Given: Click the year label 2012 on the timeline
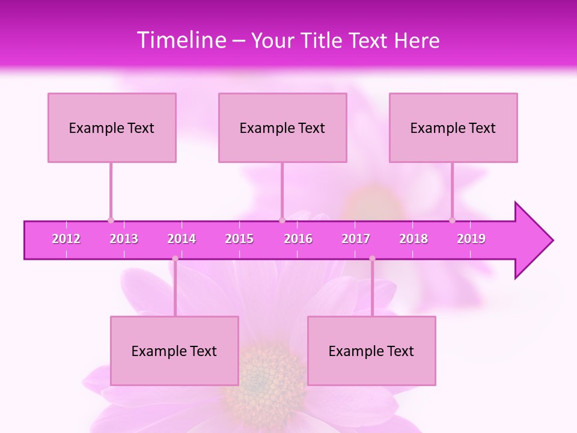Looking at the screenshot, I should (x=66, y=239).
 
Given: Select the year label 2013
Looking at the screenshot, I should (x=124, y=239).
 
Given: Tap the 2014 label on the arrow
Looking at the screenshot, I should (x=182, y=239).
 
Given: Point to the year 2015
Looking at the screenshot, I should (x=239, y=239).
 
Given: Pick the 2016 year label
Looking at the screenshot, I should (x=298, y=239).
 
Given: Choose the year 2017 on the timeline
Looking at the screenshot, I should (x=356, y=239).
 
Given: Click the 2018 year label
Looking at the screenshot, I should (x=414, y=239).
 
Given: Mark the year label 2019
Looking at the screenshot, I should (x=471, y=239).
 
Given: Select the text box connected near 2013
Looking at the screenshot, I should (x=112, y=127).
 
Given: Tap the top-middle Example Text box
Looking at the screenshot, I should (x=282, y=127).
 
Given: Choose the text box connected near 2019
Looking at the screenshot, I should (x=453, y=127).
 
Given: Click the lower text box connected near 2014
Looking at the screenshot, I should (x=174, y=351).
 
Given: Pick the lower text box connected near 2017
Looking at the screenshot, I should (x=371, y=351).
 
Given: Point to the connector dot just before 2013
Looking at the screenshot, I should (x=111, y=220).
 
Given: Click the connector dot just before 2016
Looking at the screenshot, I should (x=282, y=220).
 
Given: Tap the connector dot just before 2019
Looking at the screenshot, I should (x=452, y=220).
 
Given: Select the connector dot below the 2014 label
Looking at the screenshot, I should (x=175, y=259).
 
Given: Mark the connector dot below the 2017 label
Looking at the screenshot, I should (x=372, y=259).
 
